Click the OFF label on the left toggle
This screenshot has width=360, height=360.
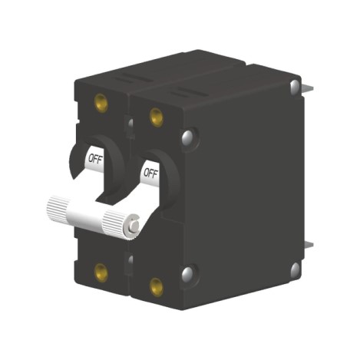96,159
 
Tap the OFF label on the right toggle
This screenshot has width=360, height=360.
150,173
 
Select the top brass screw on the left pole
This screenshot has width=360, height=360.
100,101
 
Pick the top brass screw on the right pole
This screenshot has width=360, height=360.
156,117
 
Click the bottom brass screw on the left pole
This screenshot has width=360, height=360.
100,270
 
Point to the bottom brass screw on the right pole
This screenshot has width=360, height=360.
156,287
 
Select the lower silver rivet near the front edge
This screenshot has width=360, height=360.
187,274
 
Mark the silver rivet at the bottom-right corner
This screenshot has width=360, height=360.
295,269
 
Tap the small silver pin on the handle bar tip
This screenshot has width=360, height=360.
135,226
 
